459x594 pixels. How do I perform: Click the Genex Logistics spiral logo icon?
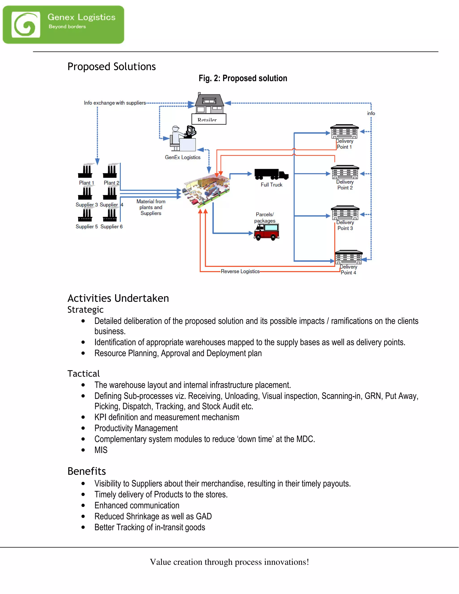coord(26,24)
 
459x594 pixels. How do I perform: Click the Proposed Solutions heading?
coord(111,67)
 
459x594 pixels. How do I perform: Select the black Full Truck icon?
coord(271,174)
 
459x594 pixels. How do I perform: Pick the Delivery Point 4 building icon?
coord(349,257)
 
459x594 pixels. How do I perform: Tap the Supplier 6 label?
coord(111,227)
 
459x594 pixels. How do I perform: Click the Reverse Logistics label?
coord(240,271)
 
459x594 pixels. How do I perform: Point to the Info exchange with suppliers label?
coord(115,103)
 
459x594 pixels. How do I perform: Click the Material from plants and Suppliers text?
coord(151,207)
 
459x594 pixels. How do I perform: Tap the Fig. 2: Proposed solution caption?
coord(242,78)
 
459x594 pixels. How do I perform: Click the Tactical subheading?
coord(83,374)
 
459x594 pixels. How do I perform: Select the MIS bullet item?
coord(101,450)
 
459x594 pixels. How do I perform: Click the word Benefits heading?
coord(87,471)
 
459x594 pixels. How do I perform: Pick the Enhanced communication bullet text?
coord(137,506)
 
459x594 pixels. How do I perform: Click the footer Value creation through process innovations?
coord(229,562)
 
